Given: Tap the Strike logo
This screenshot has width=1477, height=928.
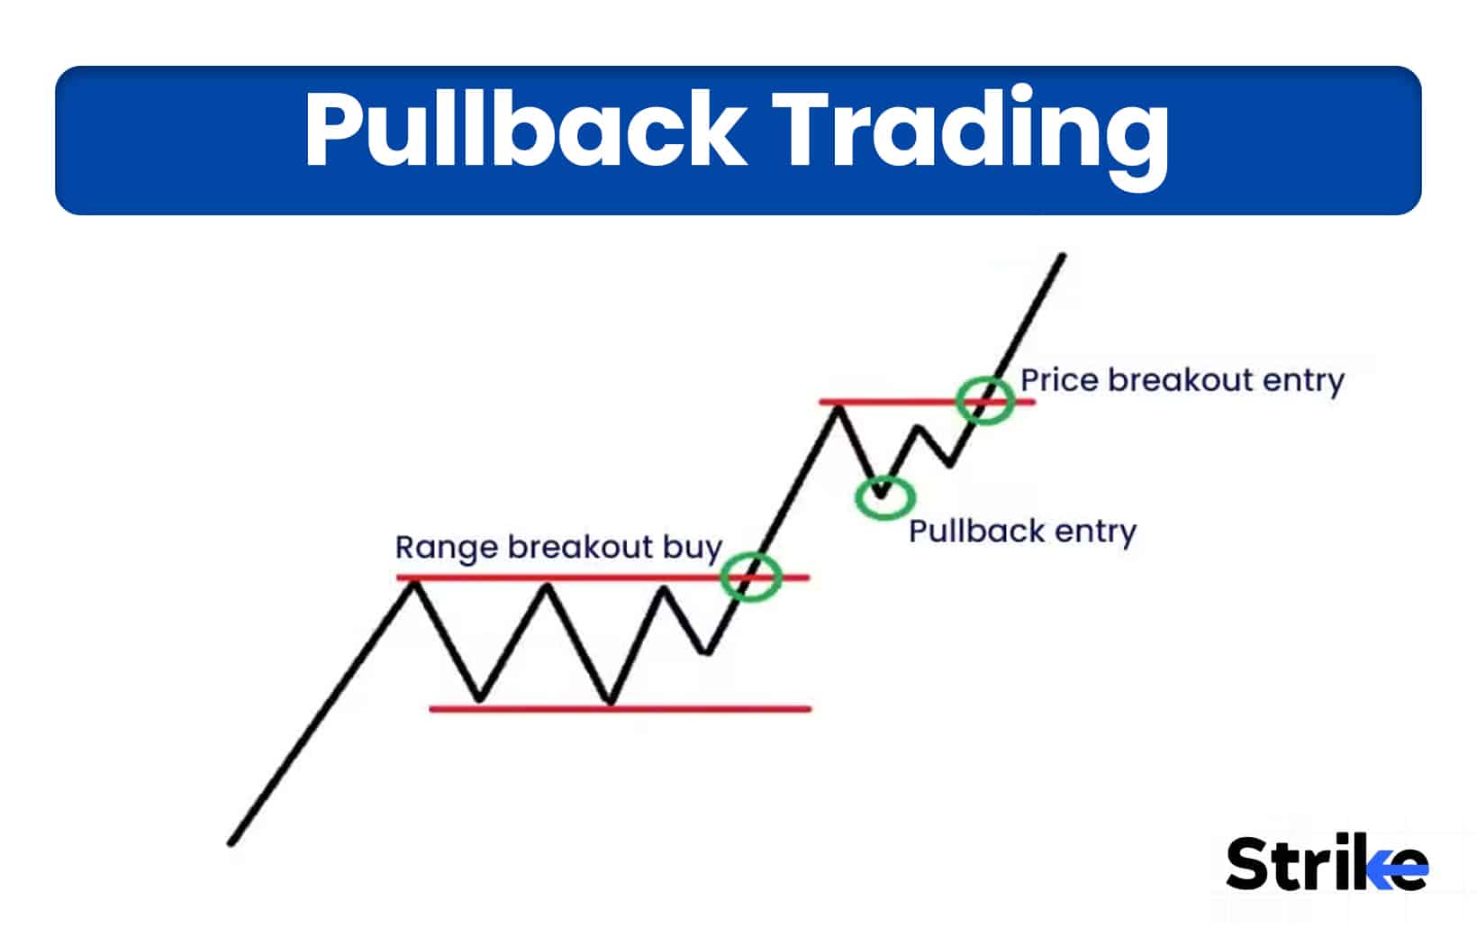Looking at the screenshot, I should [x=1326, y=863].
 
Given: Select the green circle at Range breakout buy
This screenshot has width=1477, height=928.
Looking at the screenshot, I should [x=750, y=577].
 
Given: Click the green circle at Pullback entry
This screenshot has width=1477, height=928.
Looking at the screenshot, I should [x=884, y=496].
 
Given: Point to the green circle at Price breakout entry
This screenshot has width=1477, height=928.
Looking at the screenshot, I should [x=984, y=400].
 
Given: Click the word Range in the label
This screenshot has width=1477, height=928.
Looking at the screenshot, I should [x=446, y=548].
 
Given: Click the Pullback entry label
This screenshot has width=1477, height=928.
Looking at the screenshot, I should [x=1021, y=531].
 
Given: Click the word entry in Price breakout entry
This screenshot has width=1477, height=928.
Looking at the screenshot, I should [x=1302, y=380].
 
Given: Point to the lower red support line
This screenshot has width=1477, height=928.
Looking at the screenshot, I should [x=621, y=709].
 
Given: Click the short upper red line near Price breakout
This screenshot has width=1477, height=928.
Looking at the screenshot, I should [x=901, y=401].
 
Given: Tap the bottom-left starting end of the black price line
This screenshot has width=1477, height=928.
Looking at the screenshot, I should [x=231, y=843].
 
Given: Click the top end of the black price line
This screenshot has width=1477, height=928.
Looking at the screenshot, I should [x=1063, y=257].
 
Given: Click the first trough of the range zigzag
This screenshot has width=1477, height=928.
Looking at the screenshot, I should [x=479, y=699].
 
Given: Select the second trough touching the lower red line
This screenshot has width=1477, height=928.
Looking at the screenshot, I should [x=611, y=702].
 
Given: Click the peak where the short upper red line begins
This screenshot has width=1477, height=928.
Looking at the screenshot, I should [x=838, y=407].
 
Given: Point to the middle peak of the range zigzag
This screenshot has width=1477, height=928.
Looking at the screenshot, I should [x=547, y=587].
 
